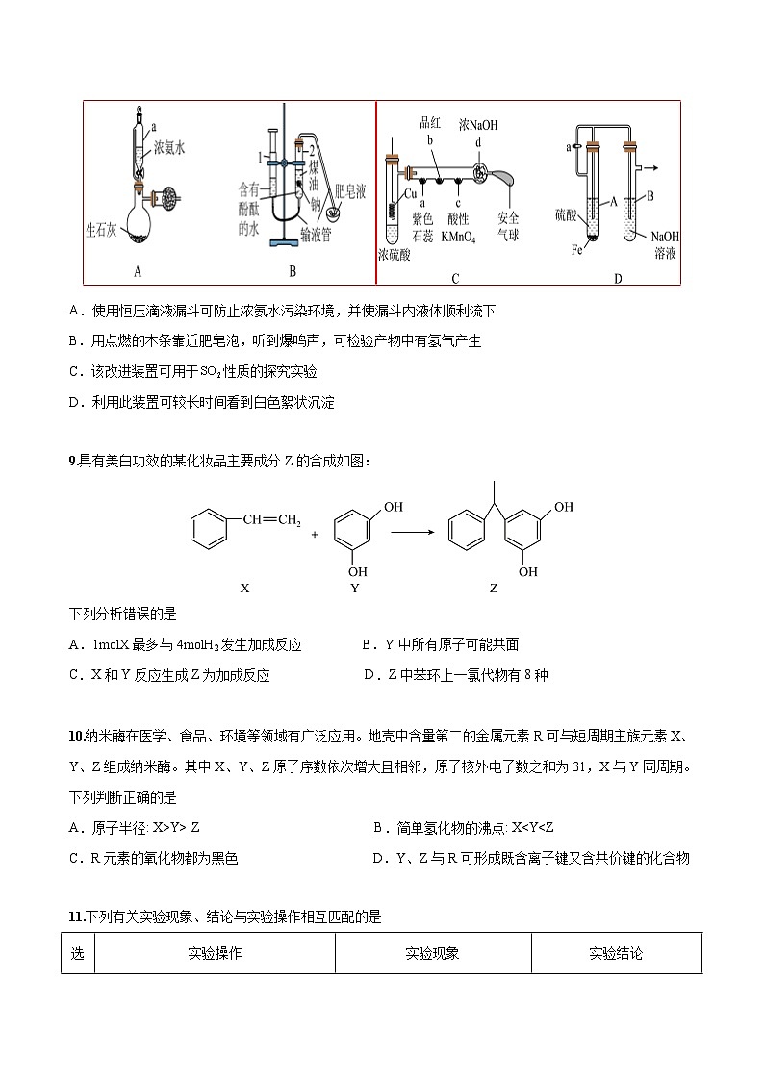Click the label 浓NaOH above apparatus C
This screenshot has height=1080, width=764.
[478, 125]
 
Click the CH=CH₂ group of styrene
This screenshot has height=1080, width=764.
[271, 520]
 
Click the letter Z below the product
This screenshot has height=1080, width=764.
[494, 588]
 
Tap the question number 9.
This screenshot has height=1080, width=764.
[72, 461]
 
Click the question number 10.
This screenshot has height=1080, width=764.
[75, 737]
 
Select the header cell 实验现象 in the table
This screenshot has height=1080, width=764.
[432, 953]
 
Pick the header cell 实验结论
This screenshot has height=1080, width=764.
[616, 953]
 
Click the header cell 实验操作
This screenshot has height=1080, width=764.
[215, 953]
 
